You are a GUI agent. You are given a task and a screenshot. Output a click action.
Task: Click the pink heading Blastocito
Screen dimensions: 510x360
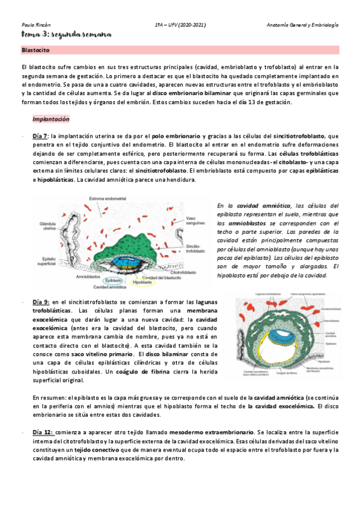(35, 51)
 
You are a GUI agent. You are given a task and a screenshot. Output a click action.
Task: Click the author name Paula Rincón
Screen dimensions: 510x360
(34, 25)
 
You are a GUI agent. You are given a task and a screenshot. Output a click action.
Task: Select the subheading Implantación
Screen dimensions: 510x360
(50, 119)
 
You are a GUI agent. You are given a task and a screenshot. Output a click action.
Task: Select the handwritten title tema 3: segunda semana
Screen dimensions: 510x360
(66, 35)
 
